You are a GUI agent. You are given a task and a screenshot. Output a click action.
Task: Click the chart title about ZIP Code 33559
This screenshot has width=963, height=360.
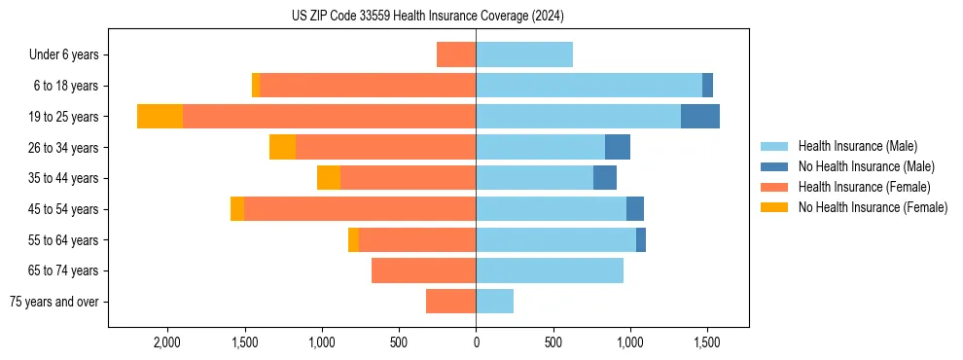(427, 17)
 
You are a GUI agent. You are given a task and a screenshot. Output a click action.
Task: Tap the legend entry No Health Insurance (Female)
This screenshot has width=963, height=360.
(873, 207)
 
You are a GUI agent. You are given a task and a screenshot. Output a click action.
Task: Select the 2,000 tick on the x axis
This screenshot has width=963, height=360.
(166, 343)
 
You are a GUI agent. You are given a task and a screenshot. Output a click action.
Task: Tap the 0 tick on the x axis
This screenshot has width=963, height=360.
(476, 343)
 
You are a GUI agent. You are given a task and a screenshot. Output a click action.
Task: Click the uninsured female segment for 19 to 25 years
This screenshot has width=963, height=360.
(160, 117)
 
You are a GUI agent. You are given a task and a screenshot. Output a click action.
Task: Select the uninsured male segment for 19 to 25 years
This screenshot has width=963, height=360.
(700, 117)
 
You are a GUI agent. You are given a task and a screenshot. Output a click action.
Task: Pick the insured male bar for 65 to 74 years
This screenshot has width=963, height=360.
(550, 270)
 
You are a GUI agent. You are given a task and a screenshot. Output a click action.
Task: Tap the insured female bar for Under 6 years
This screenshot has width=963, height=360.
(456, 54)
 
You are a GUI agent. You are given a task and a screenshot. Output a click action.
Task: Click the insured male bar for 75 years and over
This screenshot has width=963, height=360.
(494, 302)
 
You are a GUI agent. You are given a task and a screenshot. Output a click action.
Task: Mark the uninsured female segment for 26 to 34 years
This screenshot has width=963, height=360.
(282, 147)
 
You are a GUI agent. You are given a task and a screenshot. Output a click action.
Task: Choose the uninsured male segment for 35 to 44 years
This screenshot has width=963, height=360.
(605, 178)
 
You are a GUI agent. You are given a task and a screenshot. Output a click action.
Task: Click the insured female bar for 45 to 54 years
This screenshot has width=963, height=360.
(360, 209)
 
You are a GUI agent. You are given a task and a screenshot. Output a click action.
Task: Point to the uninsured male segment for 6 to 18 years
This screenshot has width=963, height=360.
(707, 86)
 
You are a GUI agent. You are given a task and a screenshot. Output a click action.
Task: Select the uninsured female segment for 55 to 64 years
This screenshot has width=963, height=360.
(353, 239)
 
